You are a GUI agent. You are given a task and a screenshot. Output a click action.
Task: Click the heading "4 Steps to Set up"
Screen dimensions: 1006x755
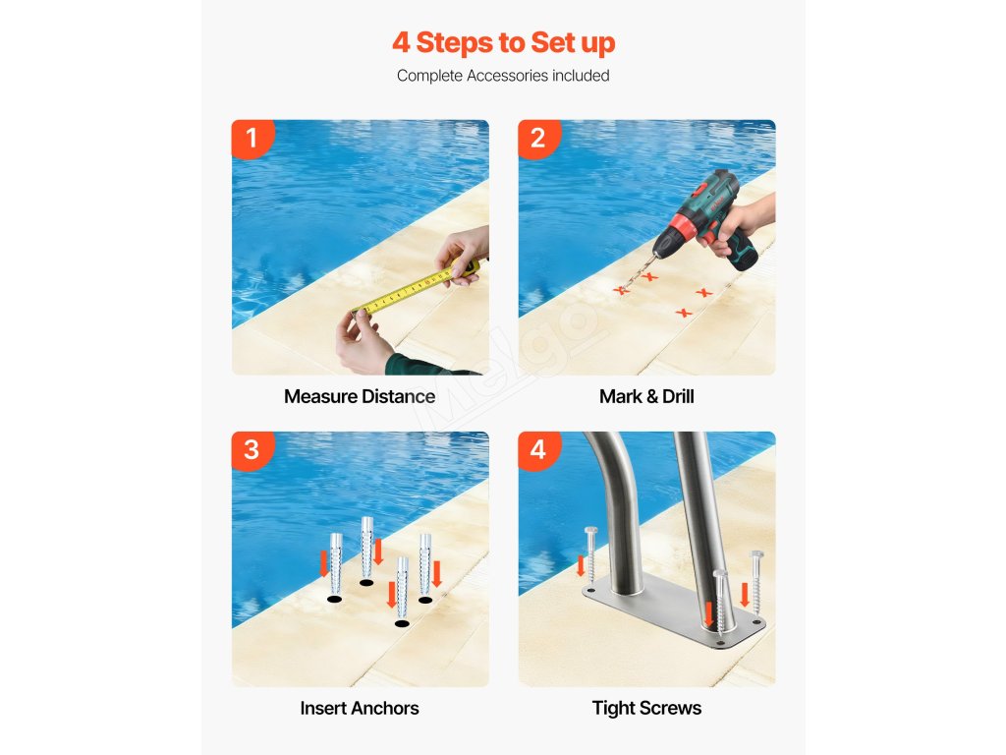coord(504,43)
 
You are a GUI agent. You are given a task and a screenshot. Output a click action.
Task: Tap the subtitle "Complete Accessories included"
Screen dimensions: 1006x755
coord(503,76)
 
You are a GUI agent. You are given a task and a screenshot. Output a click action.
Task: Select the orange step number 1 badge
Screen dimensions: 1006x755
coord(252,138)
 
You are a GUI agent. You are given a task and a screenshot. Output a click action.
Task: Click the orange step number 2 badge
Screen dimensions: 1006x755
coord(539,138)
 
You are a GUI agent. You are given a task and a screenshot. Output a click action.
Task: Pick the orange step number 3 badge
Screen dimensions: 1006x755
coord(252,449)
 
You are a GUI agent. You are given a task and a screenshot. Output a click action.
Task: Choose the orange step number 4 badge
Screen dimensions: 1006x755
coord(539,449)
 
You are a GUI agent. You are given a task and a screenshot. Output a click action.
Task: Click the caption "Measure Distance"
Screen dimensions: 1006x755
coord(360,397)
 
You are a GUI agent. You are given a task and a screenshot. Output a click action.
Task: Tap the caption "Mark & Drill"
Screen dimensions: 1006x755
coord(646,397)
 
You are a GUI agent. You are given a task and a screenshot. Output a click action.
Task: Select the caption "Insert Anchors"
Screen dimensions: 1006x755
coord(360,708)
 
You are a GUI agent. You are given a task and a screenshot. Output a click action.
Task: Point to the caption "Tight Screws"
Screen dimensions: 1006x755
coord(646,708)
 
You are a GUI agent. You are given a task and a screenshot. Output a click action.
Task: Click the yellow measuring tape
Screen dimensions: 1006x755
coord(414,290)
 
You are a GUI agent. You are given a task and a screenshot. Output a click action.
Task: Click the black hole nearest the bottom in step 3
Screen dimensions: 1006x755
coord(402,623)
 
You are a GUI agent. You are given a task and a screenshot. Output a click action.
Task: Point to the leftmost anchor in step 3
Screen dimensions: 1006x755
coord(336,563)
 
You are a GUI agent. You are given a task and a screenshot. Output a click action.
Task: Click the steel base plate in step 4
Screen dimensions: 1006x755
coord(674,610)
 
